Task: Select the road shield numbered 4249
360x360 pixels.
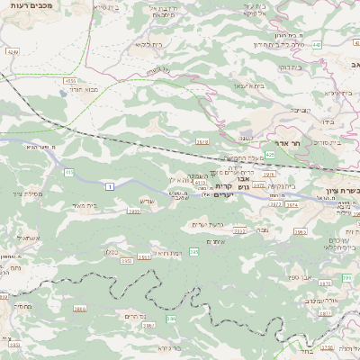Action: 12,53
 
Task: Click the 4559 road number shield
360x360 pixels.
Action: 69,80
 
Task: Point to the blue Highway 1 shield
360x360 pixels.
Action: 110,186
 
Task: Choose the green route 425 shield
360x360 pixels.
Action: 269,154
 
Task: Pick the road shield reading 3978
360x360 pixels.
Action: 202,141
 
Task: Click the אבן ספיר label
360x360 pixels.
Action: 299,278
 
